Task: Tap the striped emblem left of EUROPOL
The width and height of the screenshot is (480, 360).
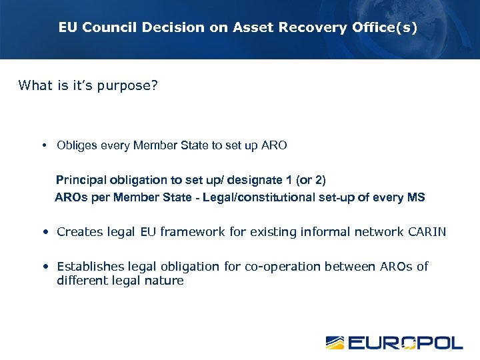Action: pyautogui.click(x=335, y=343)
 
